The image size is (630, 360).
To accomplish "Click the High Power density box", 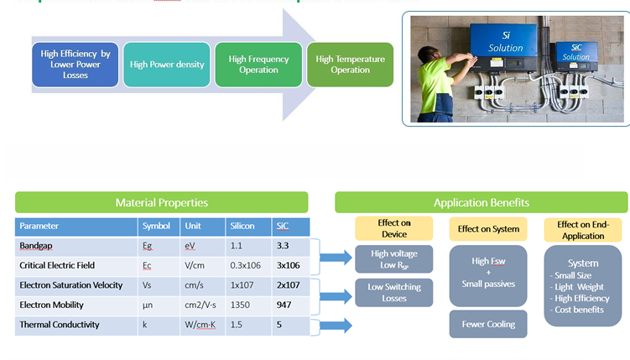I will tap(167, 65).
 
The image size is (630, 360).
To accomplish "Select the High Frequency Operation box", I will tap(258, 65).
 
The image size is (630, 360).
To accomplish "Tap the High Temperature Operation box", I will tap(350, 65).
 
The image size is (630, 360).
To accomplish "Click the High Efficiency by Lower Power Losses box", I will tap(75, 65).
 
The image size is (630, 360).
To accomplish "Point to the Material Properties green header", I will tap(161, 202).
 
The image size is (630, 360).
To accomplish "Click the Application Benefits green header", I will tap(481, 202).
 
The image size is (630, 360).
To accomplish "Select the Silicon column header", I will tap(242, 227).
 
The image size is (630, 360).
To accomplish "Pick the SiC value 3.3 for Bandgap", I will tap(283, 246).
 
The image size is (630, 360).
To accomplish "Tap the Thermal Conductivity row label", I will tap(59, 325).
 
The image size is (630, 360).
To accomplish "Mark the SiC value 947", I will tap(284, 305).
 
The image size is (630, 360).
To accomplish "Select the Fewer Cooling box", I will tap(488, 324).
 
